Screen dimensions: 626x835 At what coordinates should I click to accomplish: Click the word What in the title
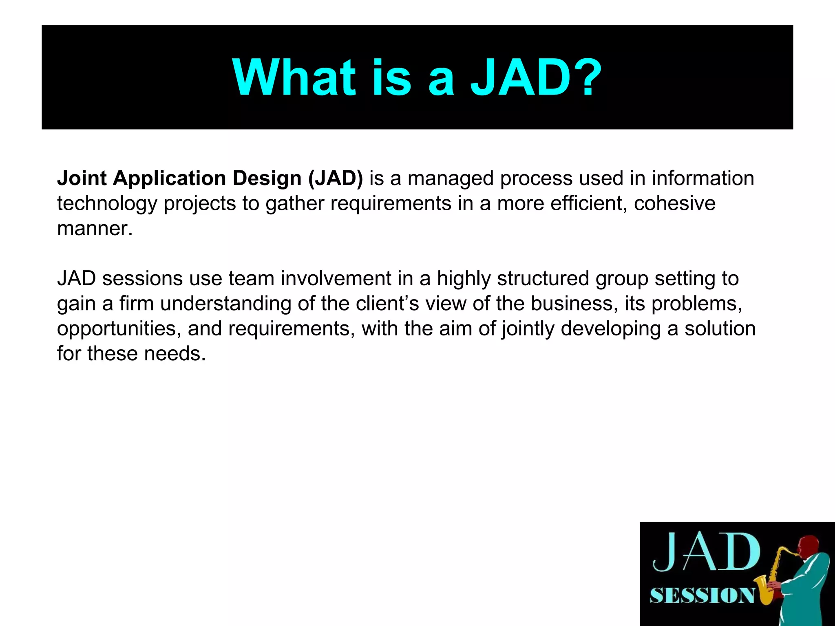click(294, 77)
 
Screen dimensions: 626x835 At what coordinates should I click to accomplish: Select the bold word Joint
click(82, 179)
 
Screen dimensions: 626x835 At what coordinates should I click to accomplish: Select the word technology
click(107, 204)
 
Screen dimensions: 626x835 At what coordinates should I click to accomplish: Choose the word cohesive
click(675, 203)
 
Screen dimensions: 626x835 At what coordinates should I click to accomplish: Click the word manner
click(95, 229)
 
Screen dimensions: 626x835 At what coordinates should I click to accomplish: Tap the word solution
click(720, 328)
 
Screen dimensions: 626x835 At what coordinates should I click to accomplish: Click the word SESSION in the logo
click(702, 595)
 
